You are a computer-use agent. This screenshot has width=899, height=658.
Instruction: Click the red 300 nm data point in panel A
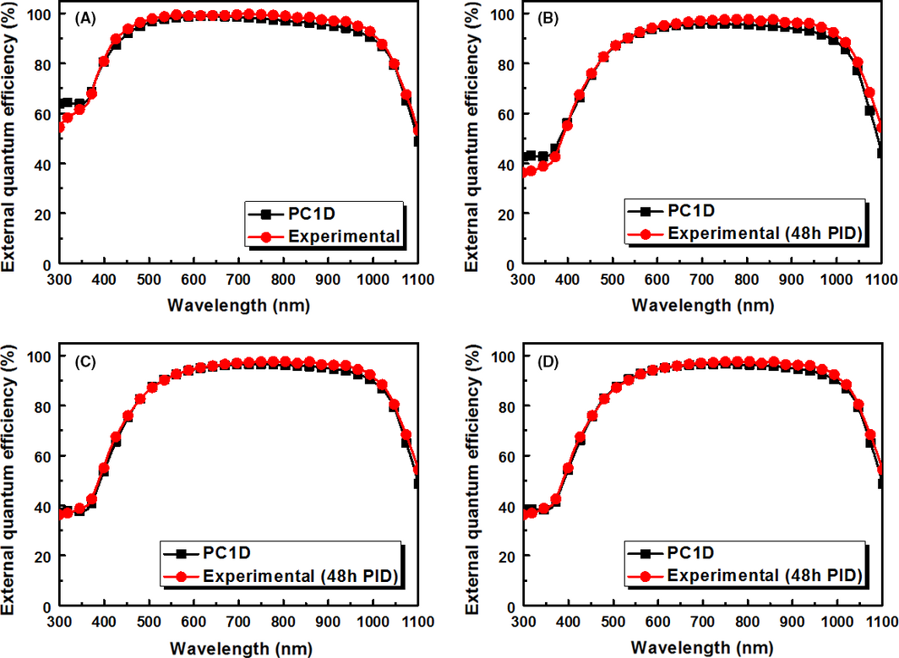pos(60,128)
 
